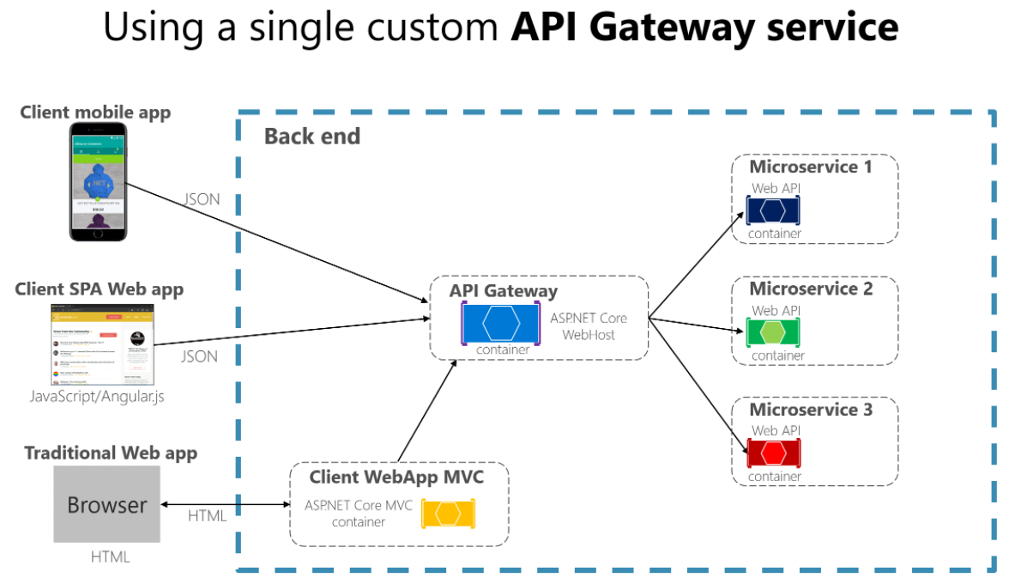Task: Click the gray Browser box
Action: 106,504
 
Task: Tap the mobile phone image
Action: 98,181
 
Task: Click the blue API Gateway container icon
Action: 500,323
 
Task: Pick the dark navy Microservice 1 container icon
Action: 772,210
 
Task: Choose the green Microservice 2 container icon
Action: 772,332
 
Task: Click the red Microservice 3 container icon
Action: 772,452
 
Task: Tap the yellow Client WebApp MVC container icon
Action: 448,514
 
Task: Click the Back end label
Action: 312,137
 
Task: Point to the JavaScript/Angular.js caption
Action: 98,396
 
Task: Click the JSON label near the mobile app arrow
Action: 202,199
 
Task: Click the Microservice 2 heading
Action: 811,289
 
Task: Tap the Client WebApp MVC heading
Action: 396,477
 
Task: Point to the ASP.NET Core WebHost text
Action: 589,325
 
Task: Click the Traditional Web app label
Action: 111,453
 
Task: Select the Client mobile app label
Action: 95,113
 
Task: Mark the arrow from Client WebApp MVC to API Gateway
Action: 426,411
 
